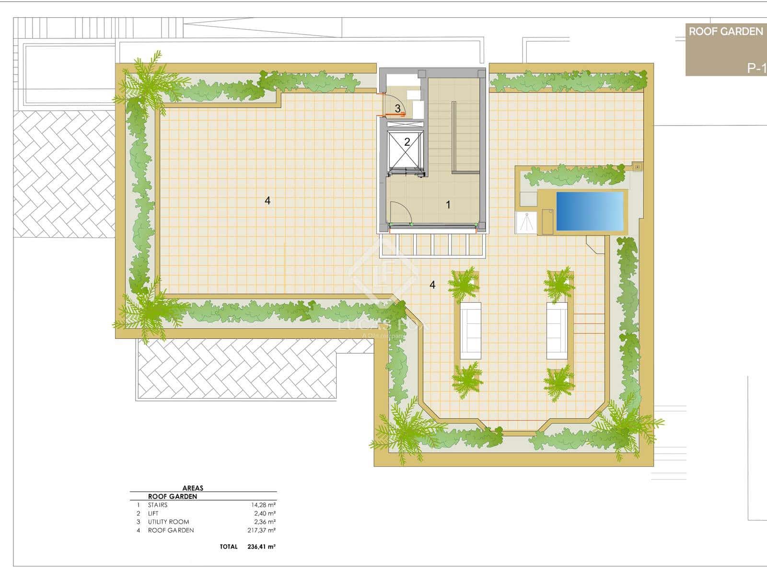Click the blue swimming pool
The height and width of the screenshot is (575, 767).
[x=590, y=211]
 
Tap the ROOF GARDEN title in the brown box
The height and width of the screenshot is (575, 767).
[x=725, y=32]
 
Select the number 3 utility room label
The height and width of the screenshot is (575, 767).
[x=398, y=109]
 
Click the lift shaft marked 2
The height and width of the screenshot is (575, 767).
[x=407, y=142]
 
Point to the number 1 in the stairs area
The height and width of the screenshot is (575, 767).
[x=448, y=205]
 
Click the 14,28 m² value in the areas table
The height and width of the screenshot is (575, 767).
[x=260, y=505]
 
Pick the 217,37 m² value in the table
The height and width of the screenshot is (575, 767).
[x=260, y=530]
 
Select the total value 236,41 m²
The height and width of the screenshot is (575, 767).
[x=260, y=547]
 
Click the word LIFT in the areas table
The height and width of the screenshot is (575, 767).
[x=153, y=513]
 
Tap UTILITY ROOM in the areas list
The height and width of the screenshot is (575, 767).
[x=168, y=522]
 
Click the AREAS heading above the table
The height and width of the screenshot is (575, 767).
[x=193, y=488]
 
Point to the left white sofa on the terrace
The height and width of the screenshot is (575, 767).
[x=470, y=331]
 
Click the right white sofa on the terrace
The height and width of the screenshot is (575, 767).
[x=557, y=331]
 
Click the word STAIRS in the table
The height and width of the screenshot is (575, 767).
[x=158, y=505]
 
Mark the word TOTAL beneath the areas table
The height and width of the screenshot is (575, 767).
[x=228, y=547]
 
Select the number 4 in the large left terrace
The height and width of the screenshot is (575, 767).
[x=267, y=201]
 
